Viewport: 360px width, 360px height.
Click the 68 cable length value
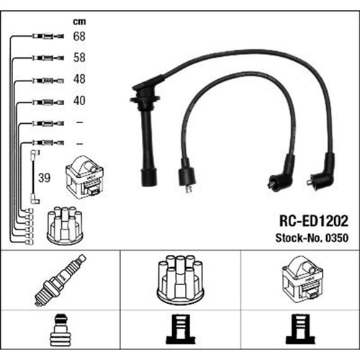(79, 36)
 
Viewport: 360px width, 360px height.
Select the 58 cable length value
(79, 58)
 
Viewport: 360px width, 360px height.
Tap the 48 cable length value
(79, 79)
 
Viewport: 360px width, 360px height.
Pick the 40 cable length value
(79, 101)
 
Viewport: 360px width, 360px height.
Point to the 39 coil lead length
(45, 178)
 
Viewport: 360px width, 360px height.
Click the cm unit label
(79, 22)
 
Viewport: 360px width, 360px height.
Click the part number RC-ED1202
(314, 221)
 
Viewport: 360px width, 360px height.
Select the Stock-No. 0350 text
(312, 238)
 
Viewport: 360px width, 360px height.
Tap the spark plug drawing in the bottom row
(60, 280)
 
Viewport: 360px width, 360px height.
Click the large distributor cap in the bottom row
(180, 280)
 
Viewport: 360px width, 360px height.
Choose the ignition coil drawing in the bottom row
(302, 278)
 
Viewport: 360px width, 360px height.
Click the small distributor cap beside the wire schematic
(65, 225)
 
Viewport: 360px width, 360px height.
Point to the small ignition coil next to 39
(84, 177)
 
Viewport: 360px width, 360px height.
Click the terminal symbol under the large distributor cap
(181, 329)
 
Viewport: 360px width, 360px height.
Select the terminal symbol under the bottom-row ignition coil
(301, 329)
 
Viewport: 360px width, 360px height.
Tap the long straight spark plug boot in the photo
(145, 135)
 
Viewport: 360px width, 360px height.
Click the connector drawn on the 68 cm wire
(48, 37)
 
